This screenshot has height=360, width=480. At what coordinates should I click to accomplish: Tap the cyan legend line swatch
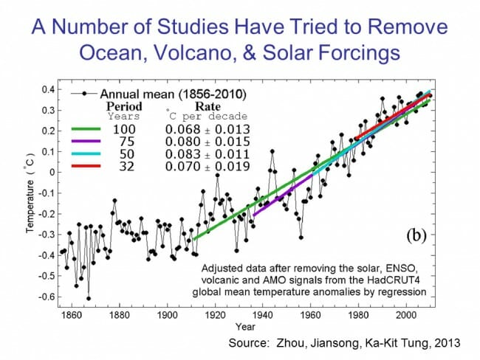[88, 154]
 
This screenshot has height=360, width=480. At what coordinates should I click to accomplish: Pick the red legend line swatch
[88, 167]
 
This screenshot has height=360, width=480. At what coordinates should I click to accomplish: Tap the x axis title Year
[242, 325]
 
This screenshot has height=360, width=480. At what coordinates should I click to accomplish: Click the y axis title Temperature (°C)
[30, 193]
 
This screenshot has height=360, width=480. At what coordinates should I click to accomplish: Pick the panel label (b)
[416, 236]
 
